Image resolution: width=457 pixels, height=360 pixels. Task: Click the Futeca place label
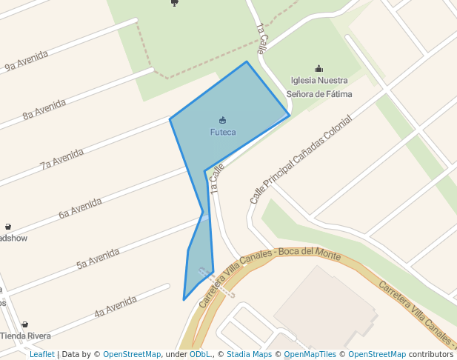coord(223,133)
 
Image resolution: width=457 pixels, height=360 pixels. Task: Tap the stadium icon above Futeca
coord(223,120)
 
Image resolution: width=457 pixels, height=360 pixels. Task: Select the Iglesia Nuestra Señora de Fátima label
coord(319,87)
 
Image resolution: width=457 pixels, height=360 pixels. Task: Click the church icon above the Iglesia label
coord(319,69)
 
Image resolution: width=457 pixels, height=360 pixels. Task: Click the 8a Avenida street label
coord(44,110)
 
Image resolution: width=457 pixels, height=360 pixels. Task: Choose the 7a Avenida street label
coord(62,159)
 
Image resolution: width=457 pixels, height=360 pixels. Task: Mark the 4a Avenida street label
coord(116,307)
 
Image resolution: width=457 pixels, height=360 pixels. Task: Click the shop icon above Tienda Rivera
coord(24,324)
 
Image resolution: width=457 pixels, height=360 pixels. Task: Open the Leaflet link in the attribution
coord(42,354)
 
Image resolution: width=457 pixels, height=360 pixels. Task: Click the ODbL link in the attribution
coord(200,354)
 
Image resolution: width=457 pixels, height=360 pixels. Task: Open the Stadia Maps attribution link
coord(249,354)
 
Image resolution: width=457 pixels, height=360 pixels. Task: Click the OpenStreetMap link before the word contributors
coord(377,354)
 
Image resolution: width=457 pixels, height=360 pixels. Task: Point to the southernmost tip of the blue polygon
coord(184,300)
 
